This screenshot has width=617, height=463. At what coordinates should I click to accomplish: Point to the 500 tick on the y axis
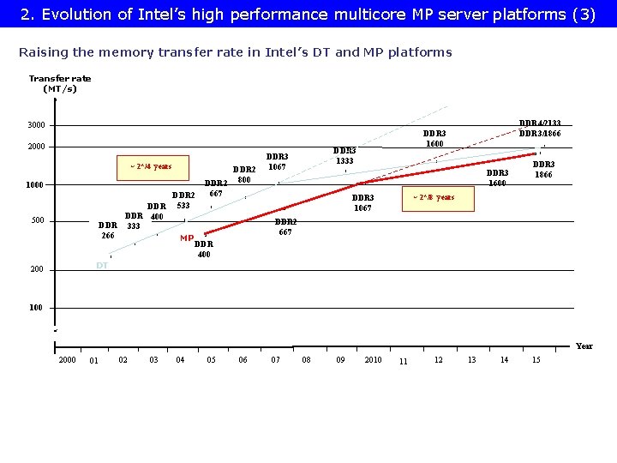point(39,221)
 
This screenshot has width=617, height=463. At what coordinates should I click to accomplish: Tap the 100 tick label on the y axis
point(37,308)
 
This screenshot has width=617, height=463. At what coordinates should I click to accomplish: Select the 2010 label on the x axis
point(373,360)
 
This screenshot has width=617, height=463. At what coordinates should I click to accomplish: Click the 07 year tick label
point(275,360)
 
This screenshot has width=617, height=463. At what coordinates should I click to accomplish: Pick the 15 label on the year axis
point(536,360)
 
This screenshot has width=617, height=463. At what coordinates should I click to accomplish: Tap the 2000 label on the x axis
point(67,360)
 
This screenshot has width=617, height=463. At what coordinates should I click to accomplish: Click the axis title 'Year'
point(584,346)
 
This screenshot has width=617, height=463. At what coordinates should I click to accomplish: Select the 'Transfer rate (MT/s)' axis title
point(60,83)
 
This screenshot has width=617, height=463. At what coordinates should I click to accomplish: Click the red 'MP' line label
point(187,238)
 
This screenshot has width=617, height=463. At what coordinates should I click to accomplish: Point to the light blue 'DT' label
point(102,266)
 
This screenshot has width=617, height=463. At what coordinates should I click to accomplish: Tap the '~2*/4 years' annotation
point(150,166)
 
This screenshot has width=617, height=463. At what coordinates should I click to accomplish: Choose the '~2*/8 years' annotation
point(433,198)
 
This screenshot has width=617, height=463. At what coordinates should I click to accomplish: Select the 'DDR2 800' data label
point(244,175)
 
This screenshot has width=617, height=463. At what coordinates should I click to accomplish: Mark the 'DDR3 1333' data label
point(344,155)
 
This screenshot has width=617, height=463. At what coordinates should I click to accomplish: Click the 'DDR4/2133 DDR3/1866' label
point(540,128)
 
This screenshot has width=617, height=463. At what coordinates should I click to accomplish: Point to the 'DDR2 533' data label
point(183,201)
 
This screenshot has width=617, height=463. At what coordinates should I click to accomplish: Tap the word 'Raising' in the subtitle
point(42,52)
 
